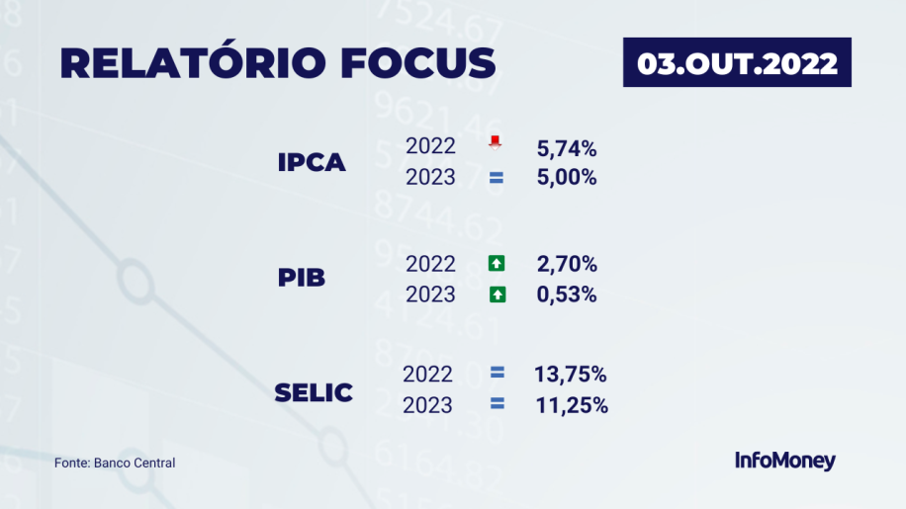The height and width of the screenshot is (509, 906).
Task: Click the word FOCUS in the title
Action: (417, 62)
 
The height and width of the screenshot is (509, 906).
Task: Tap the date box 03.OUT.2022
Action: (737, 62)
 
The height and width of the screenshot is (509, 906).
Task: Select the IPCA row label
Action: (312, 163)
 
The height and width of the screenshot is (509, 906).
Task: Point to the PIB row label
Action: (301, 278)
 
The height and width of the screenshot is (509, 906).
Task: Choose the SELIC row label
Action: (314, 393)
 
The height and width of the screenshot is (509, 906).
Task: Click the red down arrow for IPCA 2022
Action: (495, 142)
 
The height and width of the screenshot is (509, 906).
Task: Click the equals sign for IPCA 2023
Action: (497, 178)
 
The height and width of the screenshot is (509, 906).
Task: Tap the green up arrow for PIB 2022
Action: (497, 263)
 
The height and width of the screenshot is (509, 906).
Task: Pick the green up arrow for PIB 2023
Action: (498, 295)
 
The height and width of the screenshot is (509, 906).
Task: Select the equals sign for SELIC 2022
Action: (497, 373)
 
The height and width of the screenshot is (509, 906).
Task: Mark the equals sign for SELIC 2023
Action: (497, 403)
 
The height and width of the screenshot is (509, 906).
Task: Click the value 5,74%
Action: (566, 149)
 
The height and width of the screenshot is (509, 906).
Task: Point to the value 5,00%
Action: (566, 177)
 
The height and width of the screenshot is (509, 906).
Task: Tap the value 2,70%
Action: (566, 264)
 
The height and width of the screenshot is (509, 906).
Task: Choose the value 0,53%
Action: (566, 295)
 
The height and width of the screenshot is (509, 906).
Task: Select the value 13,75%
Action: (571, 375)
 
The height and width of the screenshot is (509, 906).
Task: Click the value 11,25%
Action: (572, 405)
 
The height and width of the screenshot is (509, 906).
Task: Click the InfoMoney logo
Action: (784, 461)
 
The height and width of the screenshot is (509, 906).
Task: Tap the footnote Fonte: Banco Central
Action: (115, 463)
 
